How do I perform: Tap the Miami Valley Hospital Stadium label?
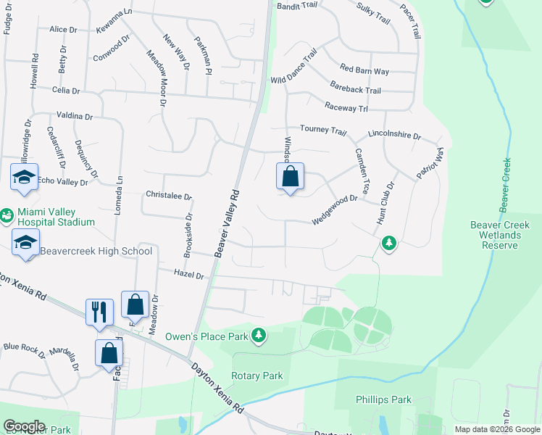(57, 215)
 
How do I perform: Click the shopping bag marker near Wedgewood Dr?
(290, 177)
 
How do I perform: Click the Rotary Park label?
(257, 376)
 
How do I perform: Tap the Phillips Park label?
(383, 399)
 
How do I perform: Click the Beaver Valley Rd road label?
(228, 223)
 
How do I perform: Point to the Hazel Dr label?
(189, 273)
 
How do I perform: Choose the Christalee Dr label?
(169, 196)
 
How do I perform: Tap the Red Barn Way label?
(364, 71)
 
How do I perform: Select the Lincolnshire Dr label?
(394, 135)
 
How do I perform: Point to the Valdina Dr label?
(75, 116)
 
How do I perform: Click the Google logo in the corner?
(24, 426)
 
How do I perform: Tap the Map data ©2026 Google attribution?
(496, 429)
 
